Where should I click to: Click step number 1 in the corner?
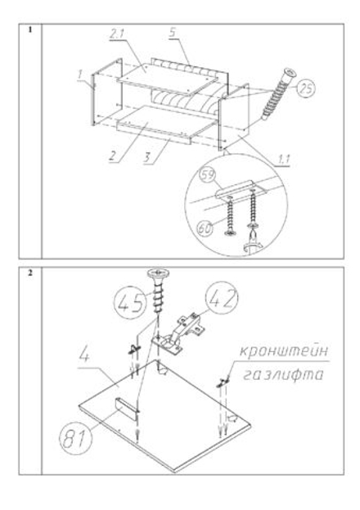29,30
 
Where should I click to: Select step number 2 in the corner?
29,272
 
